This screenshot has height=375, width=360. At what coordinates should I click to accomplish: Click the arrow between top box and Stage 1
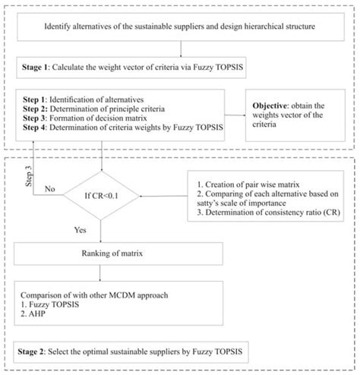[180, 50]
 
